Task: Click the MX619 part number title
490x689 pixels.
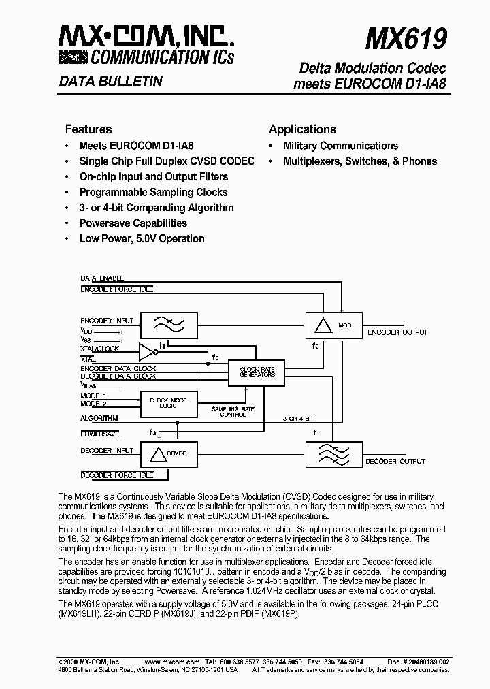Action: point(406,38)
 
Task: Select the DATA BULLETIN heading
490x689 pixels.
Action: point(110,82)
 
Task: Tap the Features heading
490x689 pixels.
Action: point(88,129)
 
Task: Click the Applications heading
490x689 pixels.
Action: point(302,129)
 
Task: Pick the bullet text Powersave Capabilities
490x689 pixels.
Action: point(133,223)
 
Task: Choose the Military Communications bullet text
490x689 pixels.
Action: point(340,146)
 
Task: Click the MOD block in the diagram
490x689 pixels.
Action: point(333,325)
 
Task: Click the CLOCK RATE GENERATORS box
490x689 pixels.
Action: point(257,372)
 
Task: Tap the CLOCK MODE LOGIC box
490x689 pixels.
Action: point(168,402)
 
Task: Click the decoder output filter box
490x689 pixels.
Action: point(333,452)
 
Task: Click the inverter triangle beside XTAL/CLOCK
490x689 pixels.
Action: point(147,352)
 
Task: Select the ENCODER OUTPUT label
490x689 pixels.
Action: point(397,332)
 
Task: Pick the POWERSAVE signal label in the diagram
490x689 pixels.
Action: point(100,434)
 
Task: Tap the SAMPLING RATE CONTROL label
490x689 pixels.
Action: point(233,411)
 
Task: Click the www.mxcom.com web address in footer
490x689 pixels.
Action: point(171,661)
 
